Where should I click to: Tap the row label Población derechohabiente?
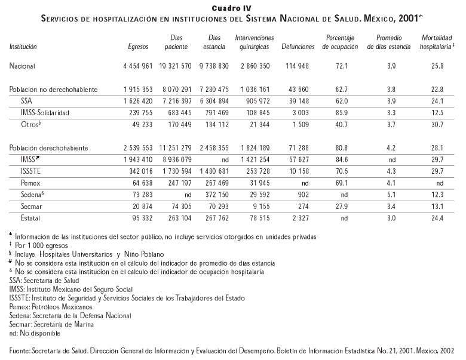coord(49,147)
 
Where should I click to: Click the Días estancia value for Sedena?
coord(215,195)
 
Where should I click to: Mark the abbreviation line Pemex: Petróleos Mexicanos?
coord(45,306)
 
